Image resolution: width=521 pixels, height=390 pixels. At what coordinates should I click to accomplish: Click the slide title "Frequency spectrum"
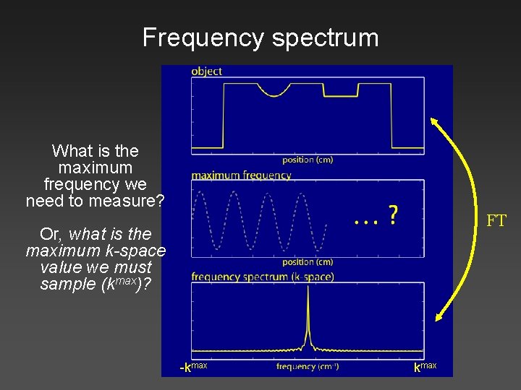click(260, 38)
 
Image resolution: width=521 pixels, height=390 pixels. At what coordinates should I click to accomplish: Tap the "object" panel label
click(207, 71)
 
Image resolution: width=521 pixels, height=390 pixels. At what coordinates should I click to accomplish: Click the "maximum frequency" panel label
click(241, 175)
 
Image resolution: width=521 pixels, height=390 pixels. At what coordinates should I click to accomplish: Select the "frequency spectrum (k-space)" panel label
click(263, 277)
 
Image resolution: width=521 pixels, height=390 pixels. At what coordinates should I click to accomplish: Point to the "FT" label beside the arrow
click(496, 221)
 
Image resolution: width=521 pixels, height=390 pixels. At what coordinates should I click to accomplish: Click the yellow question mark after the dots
click(392, 214)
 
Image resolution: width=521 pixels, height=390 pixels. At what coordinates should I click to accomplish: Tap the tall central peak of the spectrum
click(308, 311)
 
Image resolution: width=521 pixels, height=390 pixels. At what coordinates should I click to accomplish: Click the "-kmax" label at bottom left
click(193, 367)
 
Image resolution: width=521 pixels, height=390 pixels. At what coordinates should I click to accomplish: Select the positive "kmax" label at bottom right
click(425, 367)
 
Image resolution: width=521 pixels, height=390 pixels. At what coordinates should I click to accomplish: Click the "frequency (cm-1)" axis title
click(308, 367)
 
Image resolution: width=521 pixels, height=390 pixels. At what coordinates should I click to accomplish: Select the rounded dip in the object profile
click(275, 91)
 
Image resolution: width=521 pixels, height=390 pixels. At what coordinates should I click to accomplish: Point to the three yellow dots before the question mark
click(365, 220)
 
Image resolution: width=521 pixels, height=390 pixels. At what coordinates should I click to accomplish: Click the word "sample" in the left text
click(66, 284)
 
